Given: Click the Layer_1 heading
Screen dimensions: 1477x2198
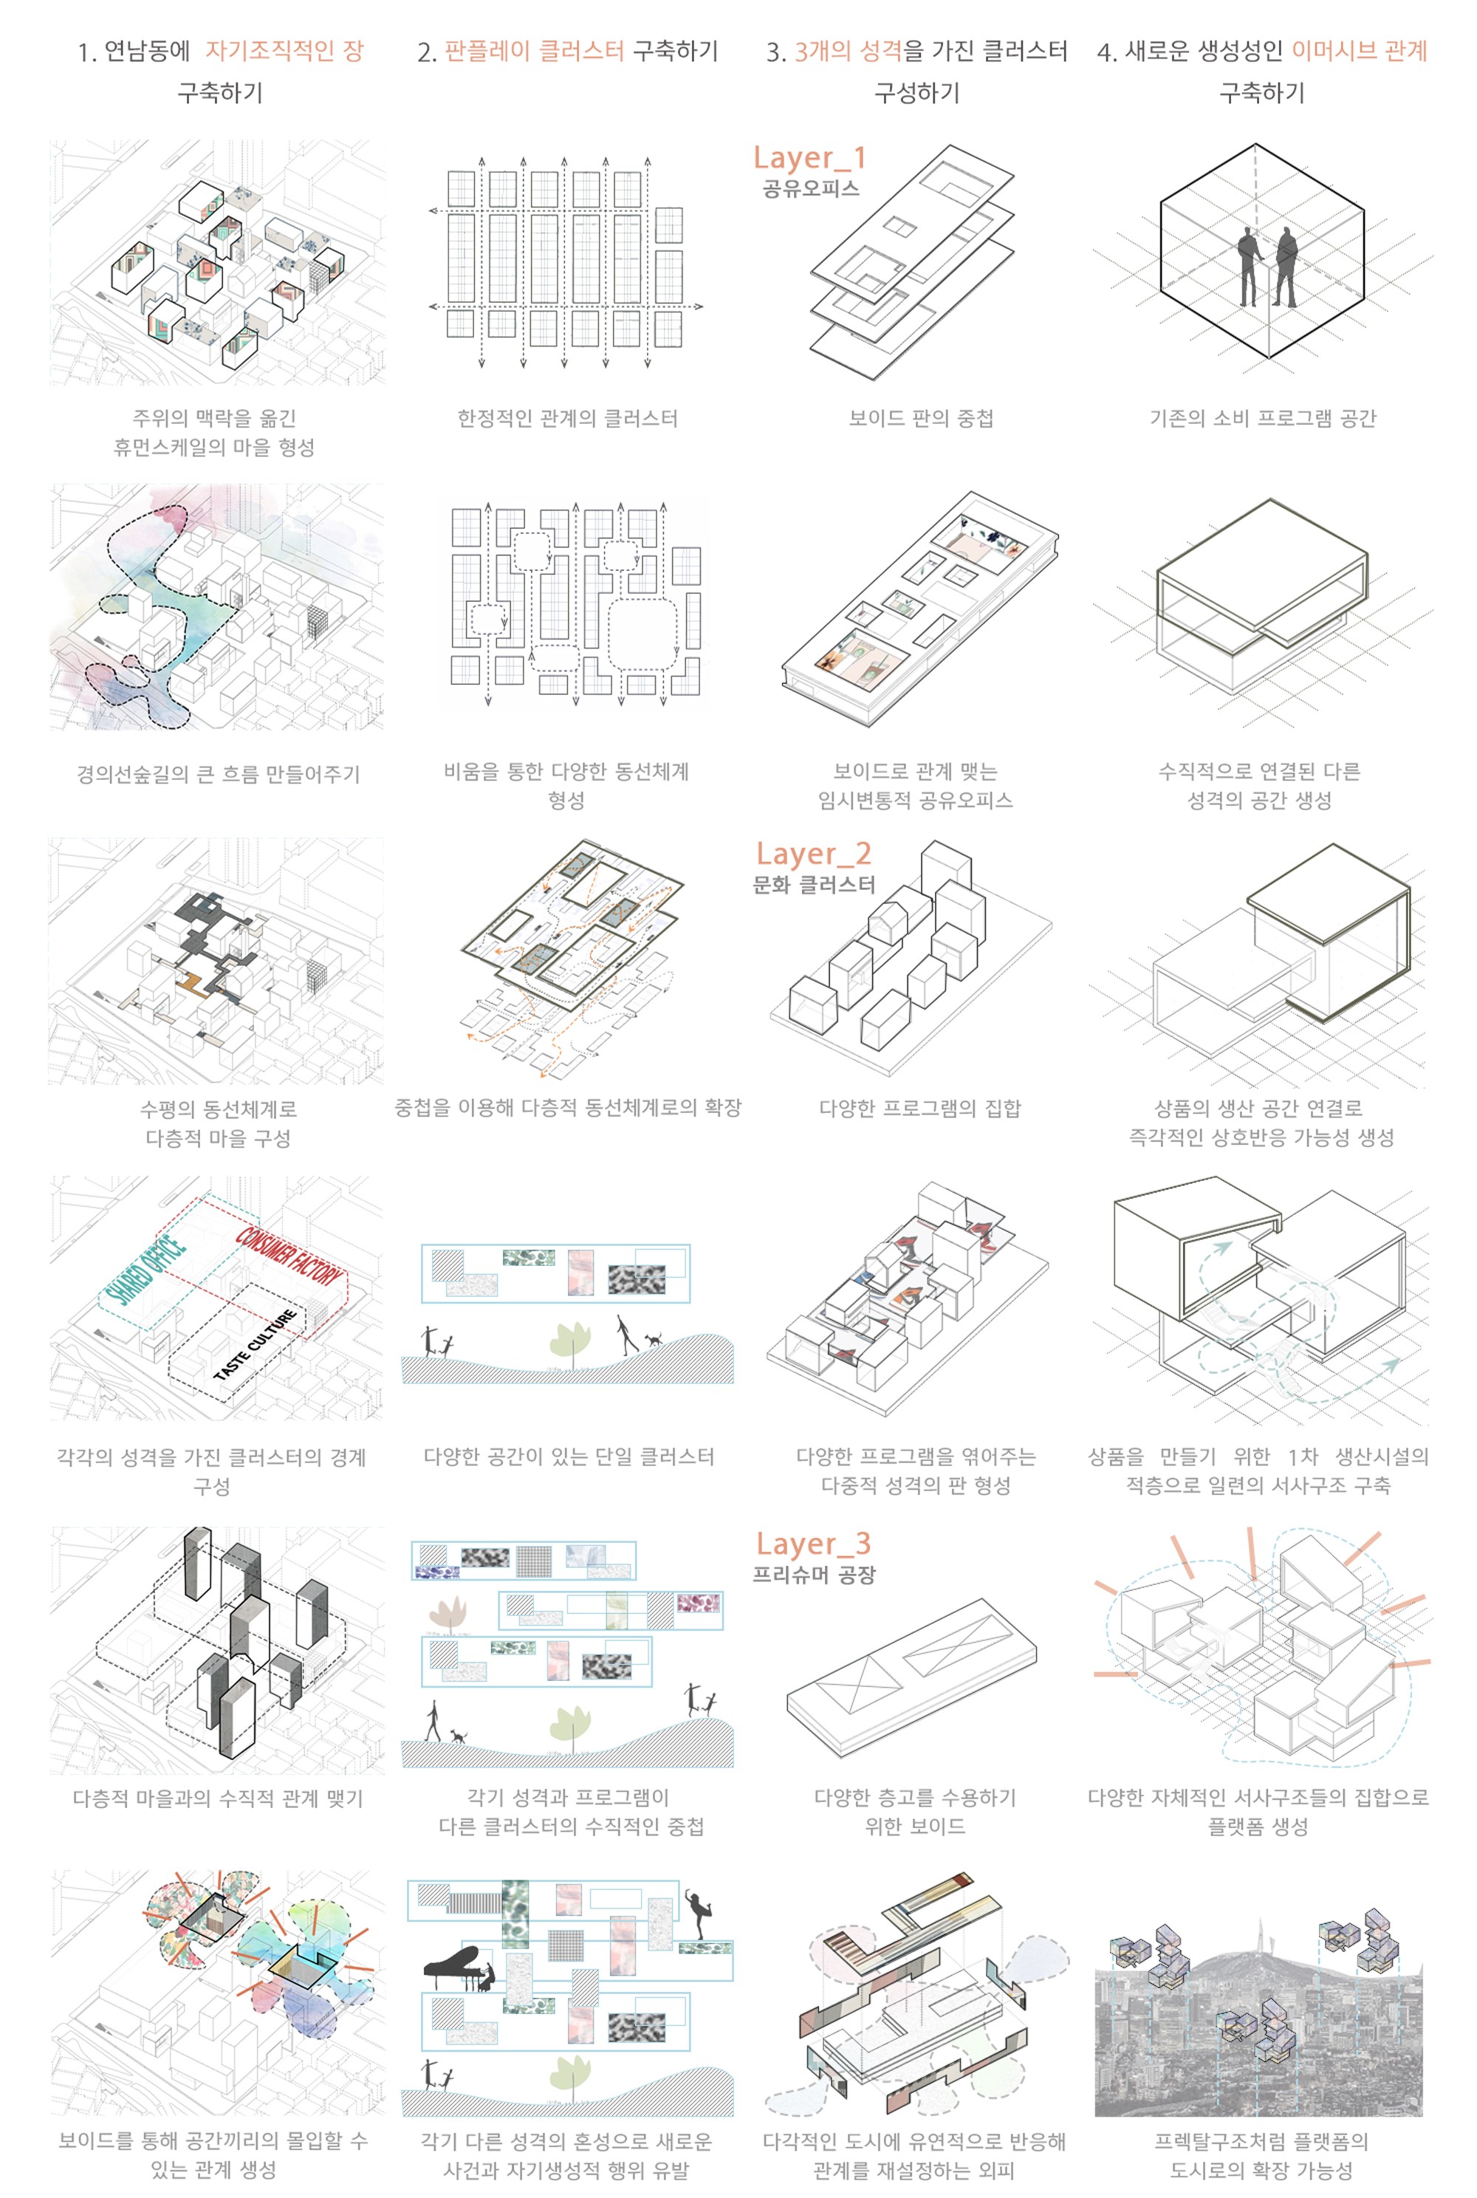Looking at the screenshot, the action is pyautogui.click(x=809, y=157).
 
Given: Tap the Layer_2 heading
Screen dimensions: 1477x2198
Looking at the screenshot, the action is pyautogui.click(x=813, y=854).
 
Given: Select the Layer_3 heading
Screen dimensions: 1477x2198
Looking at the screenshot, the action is pyautogui.click(x=813, y=1543).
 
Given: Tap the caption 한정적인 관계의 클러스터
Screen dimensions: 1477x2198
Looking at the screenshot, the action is pyautogui.click(x=567, y=418).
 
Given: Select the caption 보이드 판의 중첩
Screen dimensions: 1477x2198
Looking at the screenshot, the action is pyautogui.click(x=920, y=418).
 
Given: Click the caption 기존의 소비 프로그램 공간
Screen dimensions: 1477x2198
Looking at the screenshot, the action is pyautogui.click(x=1262, y=418).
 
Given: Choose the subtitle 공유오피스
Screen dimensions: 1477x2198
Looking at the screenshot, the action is pyautogui.click(x=810, y=188).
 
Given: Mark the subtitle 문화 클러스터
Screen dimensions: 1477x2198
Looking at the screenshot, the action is pyautogui.click(x=814, y=885).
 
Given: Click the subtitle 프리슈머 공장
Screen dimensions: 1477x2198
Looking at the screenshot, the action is pyautogui.click(x=814, y=1575).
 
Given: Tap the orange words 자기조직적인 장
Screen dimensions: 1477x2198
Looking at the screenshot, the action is pyautogui.click(x=284, y=51).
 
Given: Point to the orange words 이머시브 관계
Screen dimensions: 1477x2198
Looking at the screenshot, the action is pyautogui.click(x=1360, y=51).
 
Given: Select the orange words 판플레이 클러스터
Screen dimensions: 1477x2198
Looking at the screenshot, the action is pyautogui.click(x=534, y=51).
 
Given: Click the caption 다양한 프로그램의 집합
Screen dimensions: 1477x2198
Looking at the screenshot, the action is pyautogui.click(x=919, y=1108).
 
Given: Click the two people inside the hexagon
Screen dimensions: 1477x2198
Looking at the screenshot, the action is pyautogui.click(x=1269, y=267).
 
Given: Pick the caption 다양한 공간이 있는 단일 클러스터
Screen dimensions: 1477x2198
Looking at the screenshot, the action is pyautogui.click(x=568, y=1456).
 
